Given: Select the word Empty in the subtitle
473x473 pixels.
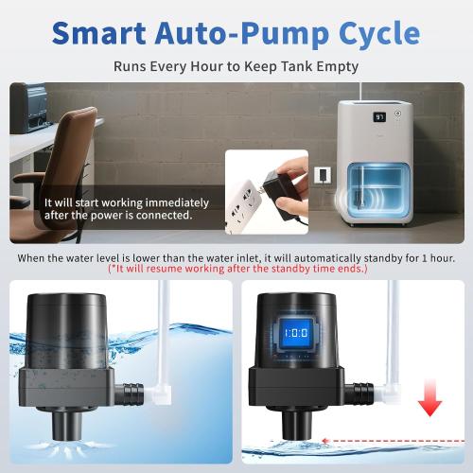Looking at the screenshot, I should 340,67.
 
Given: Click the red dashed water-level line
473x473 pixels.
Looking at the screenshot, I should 378,440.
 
